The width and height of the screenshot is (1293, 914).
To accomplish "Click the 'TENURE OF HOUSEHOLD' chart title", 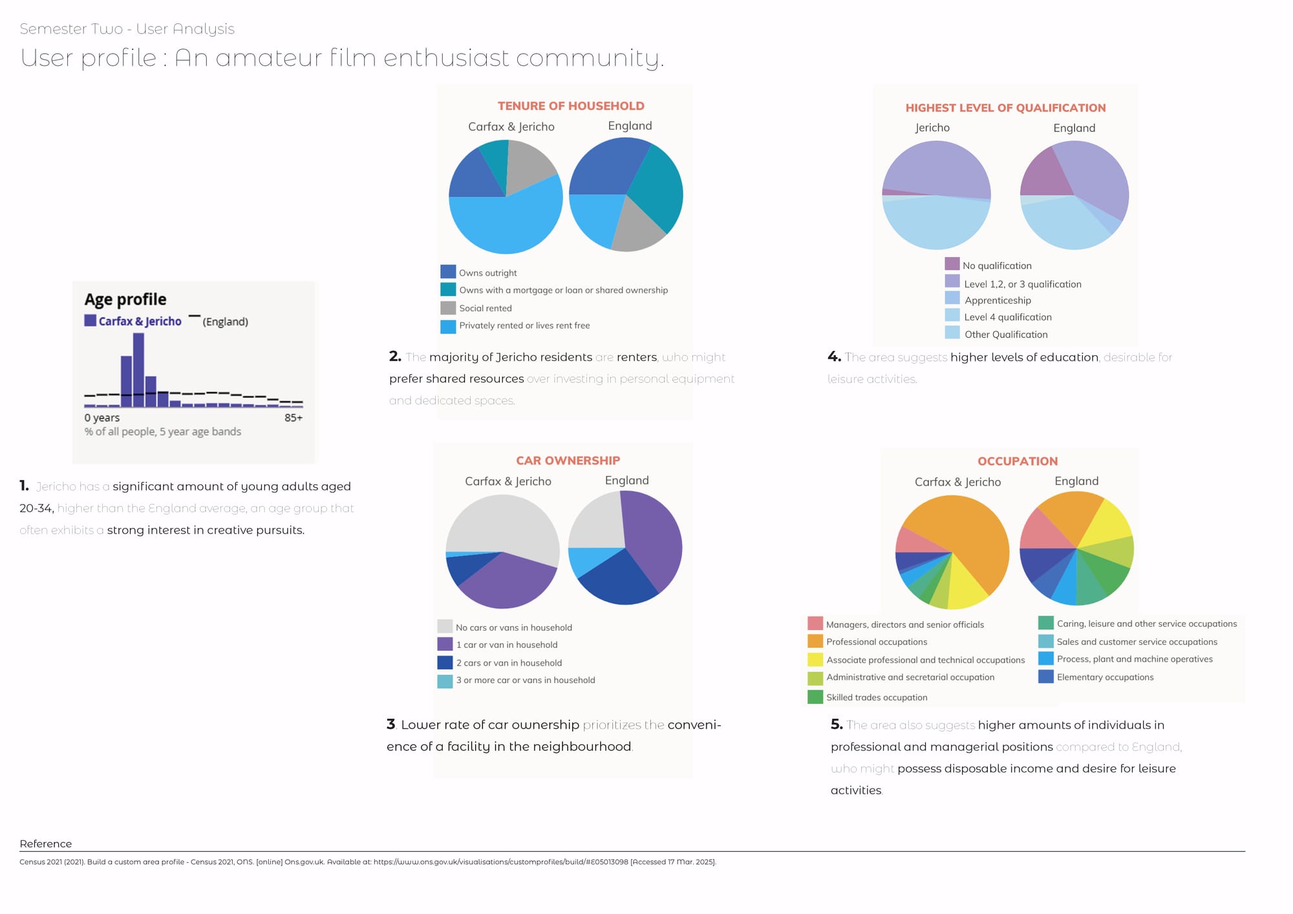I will coord(571,106).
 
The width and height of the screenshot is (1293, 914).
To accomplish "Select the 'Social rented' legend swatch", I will coord(448,308).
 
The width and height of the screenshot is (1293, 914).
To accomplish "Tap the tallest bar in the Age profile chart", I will coord(138,369).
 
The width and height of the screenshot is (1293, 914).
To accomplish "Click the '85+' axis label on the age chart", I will coord(294,418).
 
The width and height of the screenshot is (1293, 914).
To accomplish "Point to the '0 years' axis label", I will coord(102,418).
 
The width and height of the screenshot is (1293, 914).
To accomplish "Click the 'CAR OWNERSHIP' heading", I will coord(568,461).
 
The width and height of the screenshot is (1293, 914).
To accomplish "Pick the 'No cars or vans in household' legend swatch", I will coord(445,626).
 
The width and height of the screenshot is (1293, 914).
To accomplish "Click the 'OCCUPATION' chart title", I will coord(1018,461).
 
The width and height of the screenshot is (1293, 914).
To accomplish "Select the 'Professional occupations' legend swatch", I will coord(815,641).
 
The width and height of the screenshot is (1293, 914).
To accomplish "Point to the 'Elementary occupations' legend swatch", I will coord(1046,677).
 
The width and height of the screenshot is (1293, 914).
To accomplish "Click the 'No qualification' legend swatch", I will coord(952,264).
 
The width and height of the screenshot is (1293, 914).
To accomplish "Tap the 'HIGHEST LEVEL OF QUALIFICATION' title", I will coord(1005,108).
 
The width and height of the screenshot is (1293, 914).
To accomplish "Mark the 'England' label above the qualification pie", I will coord(1074,128).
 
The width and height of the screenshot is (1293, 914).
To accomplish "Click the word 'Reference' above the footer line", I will coord(46,843).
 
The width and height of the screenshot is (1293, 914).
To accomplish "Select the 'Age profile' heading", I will coord(125,299).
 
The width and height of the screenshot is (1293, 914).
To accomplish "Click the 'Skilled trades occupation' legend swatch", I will coord(815,697).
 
